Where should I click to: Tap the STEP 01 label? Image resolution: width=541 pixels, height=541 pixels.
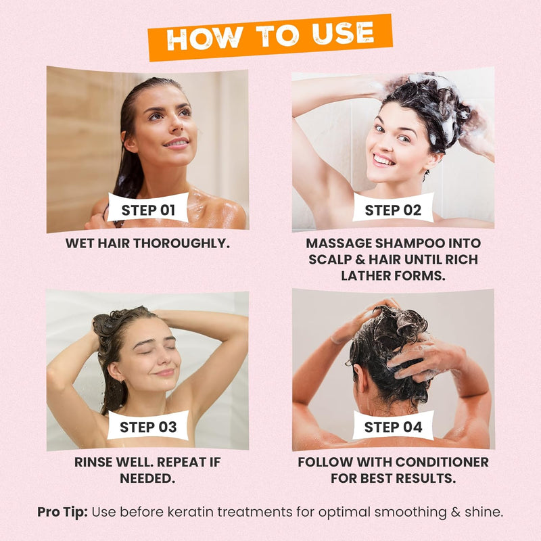(x=148, y=210)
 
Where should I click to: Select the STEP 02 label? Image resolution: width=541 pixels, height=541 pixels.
(x=393, y=210)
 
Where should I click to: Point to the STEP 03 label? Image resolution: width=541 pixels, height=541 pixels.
(x=148, y=427)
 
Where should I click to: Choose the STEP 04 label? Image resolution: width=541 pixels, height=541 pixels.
(x=393, y=427)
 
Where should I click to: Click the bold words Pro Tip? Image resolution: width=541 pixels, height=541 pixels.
(x=62, y=512)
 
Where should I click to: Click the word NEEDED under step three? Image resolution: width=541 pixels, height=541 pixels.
(x=148, y=479)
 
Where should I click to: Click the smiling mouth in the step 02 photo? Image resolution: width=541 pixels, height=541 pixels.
(x=383, y=160)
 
